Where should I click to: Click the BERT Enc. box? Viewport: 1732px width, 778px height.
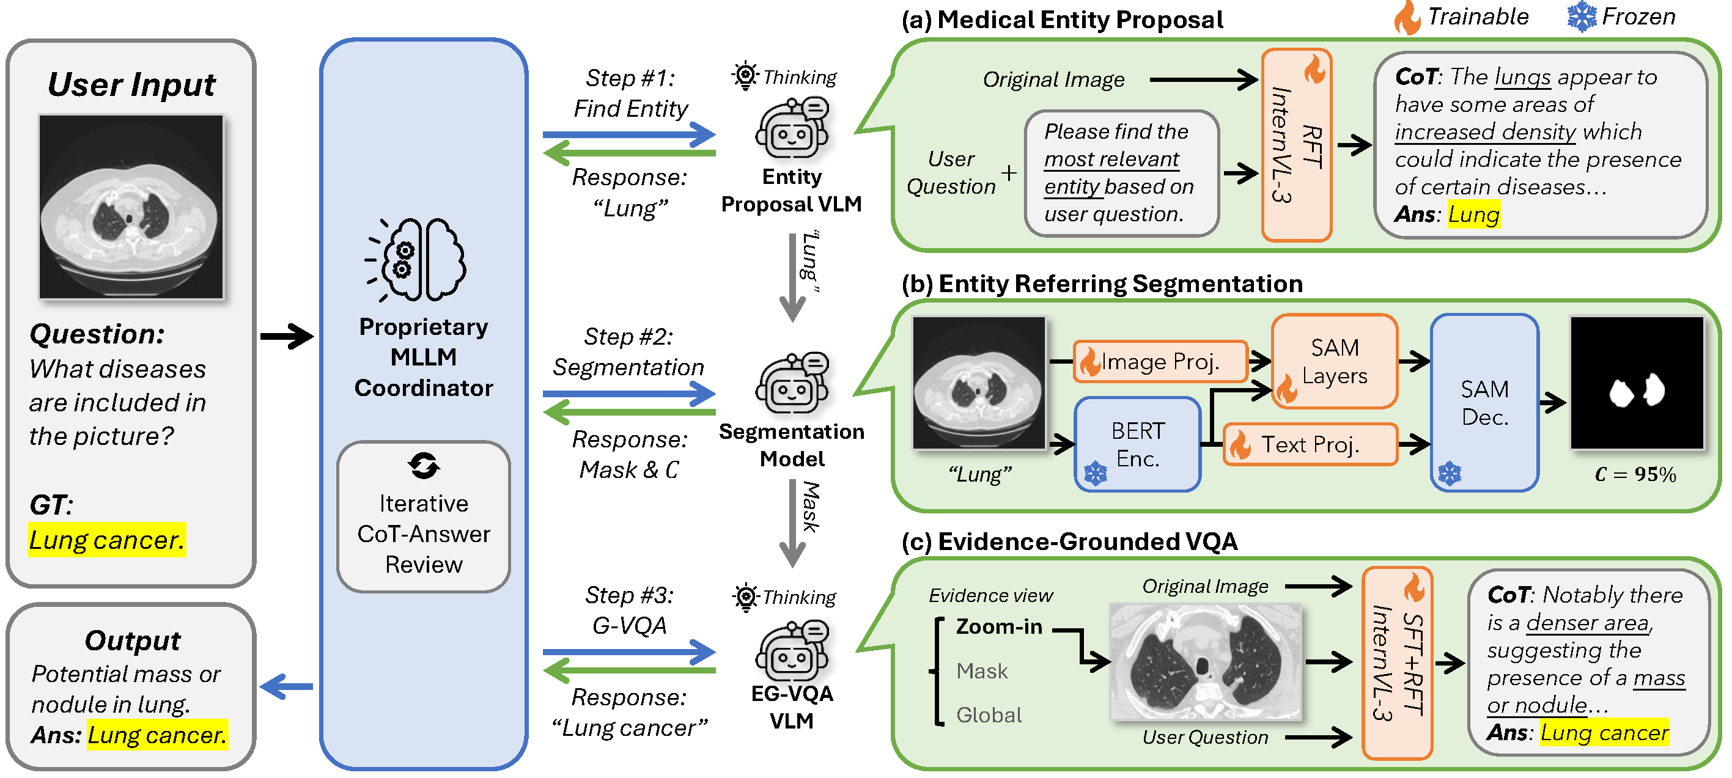point(1137,444)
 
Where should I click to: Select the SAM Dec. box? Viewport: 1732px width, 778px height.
point(1484,402)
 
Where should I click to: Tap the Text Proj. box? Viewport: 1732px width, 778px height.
point(1309,444)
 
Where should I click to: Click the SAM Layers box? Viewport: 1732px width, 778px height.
point(1334,361)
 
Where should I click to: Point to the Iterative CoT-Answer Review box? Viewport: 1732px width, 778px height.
point(424,516)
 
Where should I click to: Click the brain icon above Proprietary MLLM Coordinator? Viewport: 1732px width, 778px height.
point(418,259)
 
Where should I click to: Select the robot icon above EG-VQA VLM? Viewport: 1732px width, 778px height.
point(792,650)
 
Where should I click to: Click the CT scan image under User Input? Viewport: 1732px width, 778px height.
point(131,206)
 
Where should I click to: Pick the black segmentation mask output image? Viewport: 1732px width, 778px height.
point(1636,383)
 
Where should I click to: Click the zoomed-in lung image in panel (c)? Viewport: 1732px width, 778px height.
point(1205,661)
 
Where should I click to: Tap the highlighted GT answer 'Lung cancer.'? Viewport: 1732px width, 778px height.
point(107,540)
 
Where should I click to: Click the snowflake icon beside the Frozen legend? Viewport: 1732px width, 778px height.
point(1582,17)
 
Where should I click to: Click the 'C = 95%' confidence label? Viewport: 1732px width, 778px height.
point(1635,474)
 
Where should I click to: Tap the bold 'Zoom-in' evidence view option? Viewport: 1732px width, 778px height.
point(998,627)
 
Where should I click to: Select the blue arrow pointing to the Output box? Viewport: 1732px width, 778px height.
point(287,686)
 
